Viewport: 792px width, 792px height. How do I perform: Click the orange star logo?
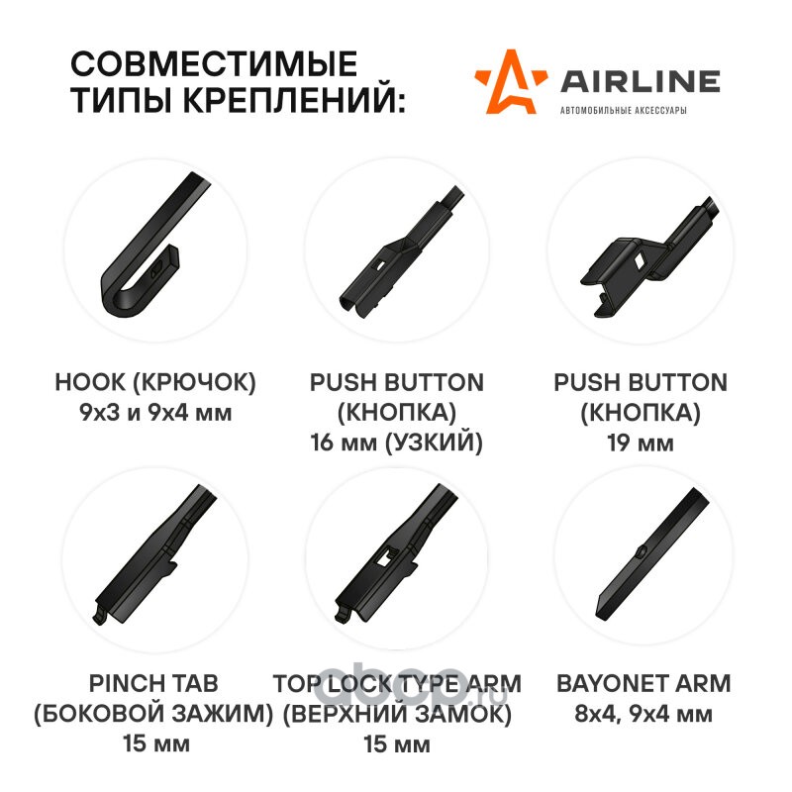(510, 83)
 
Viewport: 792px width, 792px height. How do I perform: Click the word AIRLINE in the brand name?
(641, 82)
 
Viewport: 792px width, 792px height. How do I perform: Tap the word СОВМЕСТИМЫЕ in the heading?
(214, 63)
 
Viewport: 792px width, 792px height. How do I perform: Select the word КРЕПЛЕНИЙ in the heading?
(294, 100)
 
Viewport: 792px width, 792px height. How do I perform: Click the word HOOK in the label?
(90, 382)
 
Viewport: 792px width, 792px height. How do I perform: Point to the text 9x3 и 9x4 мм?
(155, 413)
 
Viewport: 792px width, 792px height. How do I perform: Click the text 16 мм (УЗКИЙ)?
(397, 443)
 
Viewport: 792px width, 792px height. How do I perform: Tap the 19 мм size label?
(641, 443)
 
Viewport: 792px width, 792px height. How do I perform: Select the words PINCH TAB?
(153, 683)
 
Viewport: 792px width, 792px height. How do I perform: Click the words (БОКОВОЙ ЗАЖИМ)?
(153, 713)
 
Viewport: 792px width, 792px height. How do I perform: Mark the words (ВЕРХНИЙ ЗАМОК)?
(397, 713)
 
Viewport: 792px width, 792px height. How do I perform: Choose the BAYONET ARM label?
(643, 683)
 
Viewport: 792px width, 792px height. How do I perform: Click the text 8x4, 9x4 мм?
(643, 714)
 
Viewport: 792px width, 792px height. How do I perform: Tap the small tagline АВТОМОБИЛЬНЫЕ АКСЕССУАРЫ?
(624, 110)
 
